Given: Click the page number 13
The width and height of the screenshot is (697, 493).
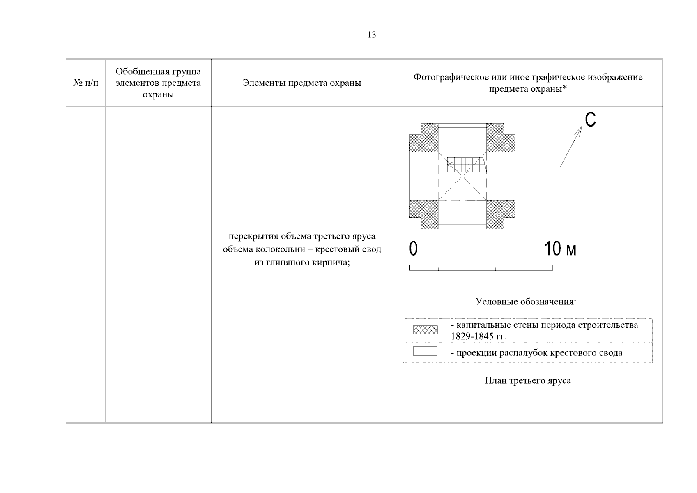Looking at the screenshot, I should click(371, 35).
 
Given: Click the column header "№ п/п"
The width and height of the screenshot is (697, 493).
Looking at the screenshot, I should click(86, 83).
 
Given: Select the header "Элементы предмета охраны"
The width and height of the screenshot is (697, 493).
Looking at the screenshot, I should click(302, 83).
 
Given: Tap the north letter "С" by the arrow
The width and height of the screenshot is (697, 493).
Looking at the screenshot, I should click(590, 120).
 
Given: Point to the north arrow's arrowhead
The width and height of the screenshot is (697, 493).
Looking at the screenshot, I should click(580, 129).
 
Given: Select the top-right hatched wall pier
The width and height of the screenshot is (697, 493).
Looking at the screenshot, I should click(500, 137).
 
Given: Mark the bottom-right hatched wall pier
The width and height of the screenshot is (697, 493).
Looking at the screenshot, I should click(500, 214).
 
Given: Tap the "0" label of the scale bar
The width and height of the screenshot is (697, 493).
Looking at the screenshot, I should click(413, 249).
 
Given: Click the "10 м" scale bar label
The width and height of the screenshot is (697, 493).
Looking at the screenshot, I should click(560, 249).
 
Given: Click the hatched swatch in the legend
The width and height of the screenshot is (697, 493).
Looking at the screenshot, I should click(425, 330).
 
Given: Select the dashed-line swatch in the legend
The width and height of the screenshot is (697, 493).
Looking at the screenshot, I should click(425, 352).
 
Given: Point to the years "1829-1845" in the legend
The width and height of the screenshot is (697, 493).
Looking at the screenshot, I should click(470, 336).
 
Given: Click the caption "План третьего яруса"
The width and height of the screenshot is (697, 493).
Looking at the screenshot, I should click(528, 380).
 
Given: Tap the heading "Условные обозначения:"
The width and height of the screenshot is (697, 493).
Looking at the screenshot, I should click(526, 302).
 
